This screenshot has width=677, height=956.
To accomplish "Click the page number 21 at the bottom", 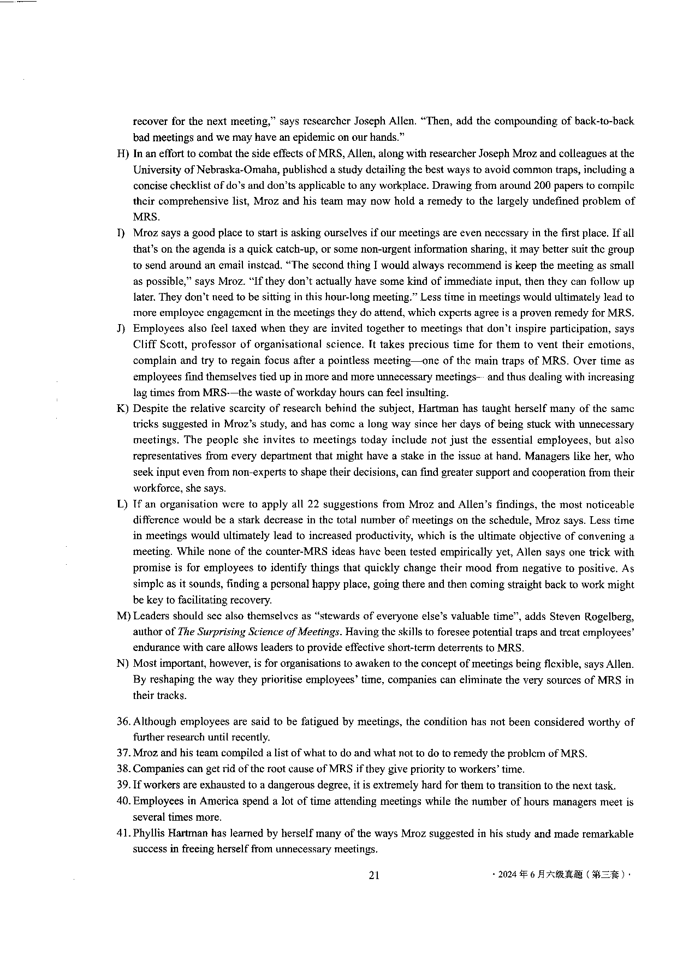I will [374, 875].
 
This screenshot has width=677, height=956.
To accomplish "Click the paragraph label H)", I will [123, 154].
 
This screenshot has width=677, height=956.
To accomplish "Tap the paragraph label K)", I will [122, 409].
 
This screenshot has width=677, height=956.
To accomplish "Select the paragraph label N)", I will [122, 664].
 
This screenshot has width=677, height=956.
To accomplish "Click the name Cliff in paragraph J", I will [144, 344].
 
